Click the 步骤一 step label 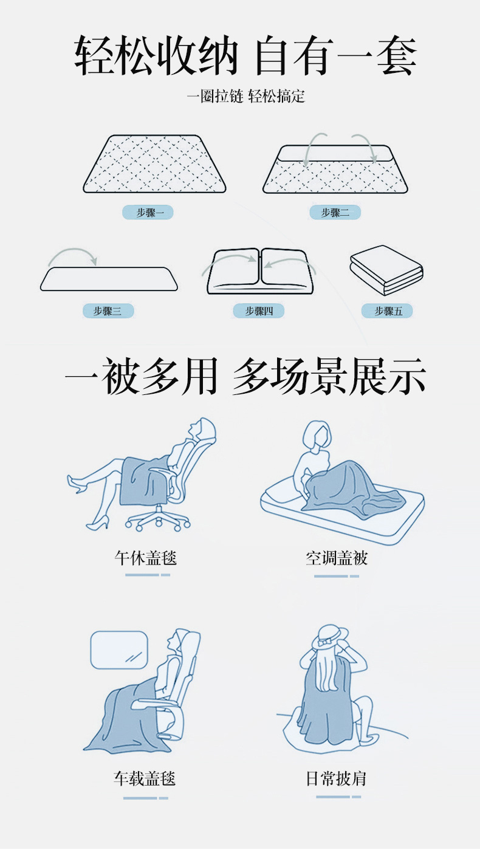pyautogui.click(x=148, y=212)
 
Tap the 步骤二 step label pyautogui.click(x=335, y=212)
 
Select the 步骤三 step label pyautogui.click(x=108, y=311)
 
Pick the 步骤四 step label pyautogui.click(x=258, y=311)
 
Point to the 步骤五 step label pyautogui.click(x=387, y=311)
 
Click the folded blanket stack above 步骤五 pyautogui.click(x=386, y=270)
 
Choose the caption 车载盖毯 pyautogui.click(x=145, y=778)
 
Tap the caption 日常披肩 pyautogui.click(x=335, y=778)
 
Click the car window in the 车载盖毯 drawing pyautogui.click(x=119, y=650)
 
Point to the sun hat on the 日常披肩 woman pyautogui.click(x=330, y=637)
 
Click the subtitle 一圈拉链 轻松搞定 pyautogui.click(x=246, y=96)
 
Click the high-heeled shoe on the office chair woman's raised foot pyautogui.click(x=77, y=484)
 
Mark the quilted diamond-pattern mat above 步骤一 pyautogui.click(x=154, y=164)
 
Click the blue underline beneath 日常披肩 pyautogui.click(x=338, y=797)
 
